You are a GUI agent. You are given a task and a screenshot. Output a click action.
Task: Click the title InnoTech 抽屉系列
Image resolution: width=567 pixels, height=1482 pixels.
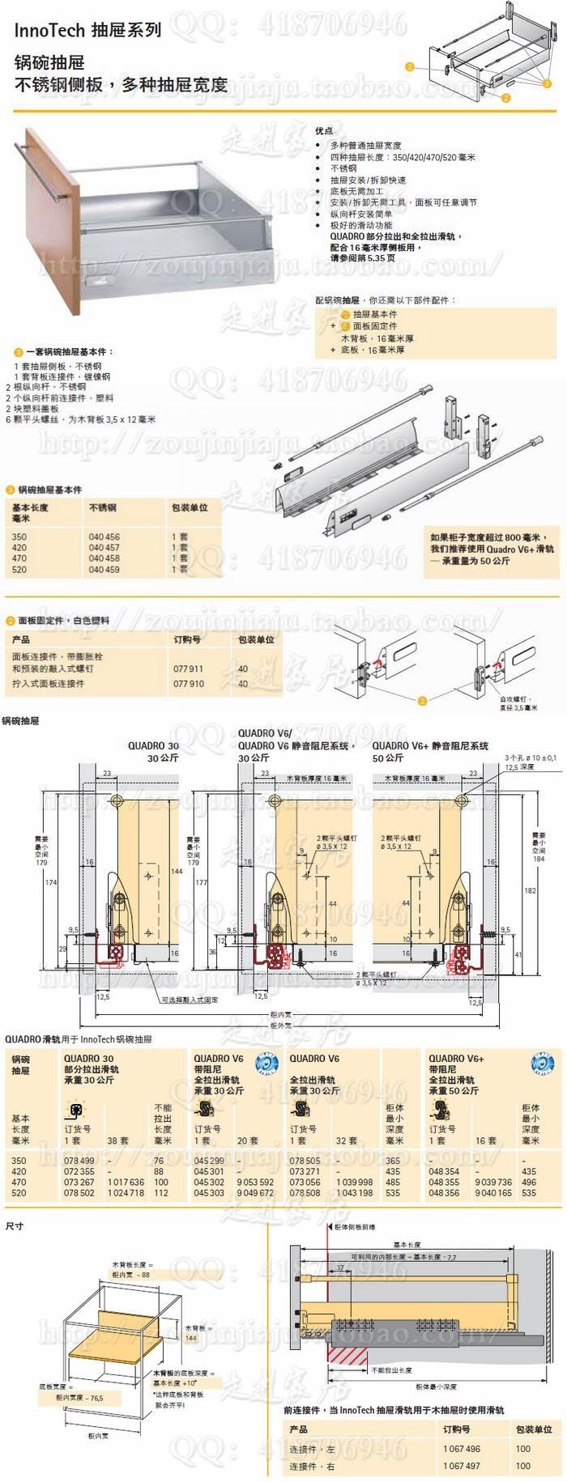click(x=87, y=30)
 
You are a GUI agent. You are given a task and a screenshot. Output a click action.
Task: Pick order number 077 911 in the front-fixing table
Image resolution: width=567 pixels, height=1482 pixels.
click(x=189, y=669)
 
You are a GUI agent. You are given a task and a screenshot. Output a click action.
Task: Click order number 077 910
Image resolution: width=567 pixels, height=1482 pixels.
click(x=189, y=684)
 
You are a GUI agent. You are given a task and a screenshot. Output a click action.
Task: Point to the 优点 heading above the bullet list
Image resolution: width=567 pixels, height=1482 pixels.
click(x=324, y=130)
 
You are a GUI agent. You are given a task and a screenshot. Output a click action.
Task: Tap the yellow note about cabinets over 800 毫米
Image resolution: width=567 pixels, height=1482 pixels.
click(x=492, y=549)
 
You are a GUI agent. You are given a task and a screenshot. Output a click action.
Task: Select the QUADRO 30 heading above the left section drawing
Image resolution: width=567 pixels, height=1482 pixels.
click(x=153, y=746)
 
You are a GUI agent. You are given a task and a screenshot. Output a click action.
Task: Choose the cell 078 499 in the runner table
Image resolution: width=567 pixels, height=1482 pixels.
click(x=79, y=1161)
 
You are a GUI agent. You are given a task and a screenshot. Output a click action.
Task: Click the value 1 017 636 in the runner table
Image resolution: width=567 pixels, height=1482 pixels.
click(x=126, y=1183)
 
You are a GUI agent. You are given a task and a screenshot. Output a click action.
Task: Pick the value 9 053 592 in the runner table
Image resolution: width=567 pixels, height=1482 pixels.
click(x=254, y=1183)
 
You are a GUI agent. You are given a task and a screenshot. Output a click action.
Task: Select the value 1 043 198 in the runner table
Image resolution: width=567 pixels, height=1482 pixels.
click(x=354, y=1193)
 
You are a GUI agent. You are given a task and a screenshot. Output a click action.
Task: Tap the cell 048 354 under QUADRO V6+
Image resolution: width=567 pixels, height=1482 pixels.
click(x=444, y=1171)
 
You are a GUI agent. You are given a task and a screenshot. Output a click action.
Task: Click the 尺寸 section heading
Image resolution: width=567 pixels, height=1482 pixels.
click(x=15, y=1226)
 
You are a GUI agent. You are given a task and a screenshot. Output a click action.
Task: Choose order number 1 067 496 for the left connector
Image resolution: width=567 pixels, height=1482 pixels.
click(x=461, y=1450)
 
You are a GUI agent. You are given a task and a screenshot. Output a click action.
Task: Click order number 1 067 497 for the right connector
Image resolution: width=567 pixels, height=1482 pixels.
click(x=461, y=1466)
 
